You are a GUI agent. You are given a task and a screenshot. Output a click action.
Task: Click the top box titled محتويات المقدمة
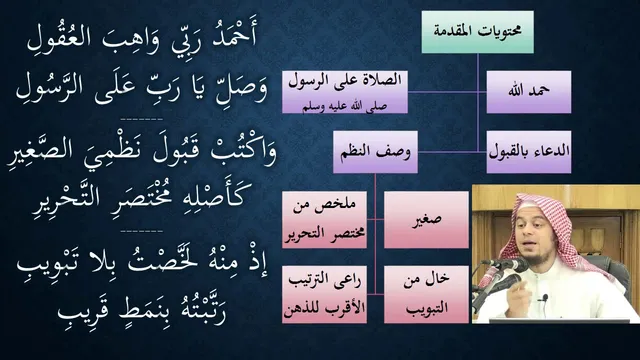click(x=478, y=32)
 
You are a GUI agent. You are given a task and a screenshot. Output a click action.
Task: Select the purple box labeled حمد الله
click(x=529, y=92)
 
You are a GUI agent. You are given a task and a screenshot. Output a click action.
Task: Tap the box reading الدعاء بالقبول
click(x=529, y=152)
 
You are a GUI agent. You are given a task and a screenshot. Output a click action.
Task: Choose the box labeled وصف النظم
click(x=375, y=152)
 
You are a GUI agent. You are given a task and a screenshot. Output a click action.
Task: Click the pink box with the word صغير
click(x=426, y=220)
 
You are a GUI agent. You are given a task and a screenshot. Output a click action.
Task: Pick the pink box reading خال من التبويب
click(x=426, y=294)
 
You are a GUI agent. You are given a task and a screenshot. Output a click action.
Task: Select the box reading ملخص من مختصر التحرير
click(x=324, y=220)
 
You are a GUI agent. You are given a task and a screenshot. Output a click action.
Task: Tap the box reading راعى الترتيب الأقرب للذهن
click(x=324, y=294)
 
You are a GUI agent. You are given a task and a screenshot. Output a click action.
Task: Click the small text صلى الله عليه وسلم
click(x=344, y=107)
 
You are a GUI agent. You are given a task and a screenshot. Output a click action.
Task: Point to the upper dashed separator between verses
click(x=142, y=120)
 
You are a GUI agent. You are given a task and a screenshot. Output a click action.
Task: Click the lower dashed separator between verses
click(x=142, y=231)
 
